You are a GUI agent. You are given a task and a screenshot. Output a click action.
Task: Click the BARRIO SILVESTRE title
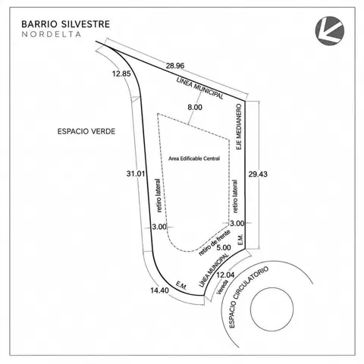[x=65, y=24]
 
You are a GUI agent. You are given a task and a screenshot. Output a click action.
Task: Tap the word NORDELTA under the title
[x=52, y=34]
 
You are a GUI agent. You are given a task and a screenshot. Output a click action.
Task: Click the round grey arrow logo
[x=330, y=31]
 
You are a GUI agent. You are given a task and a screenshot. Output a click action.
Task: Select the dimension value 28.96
[x=175, y=66]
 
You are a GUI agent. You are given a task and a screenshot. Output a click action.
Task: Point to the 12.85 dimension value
[x=121, y=74]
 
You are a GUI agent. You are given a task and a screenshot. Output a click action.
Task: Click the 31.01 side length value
[x=136, y=174]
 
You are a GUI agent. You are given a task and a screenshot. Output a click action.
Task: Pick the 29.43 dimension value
[x=258, y=174]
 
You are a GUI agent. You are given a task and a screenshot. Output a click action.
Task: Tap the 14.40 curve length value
[x=159, y=290]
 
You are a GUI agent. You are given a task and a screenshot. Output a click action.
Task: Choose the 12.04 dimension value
[x=225, y=275]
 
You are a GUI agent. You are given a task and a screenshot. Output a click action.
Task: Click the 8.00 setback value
[x=195, y=107]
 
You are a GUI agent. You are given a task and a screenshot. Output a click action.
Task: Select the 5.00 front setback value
[x=224, y=247]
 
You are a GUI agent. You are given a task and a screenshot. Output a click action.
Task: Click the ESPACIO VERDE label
[x=86, y=131]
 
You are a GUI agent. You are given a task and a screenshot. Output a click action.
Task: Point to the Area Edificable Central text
[x=194, y=158]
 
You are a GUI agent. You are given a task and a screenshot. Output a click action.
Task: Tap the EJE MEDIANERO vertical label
[x=239, y=127]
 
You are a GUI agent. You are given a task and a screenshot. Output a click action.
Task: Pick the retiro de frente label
[x=215, y=243]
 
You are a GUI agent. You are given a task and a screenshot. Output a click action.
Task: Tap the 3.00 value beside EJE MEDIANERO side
[x=237, y=223]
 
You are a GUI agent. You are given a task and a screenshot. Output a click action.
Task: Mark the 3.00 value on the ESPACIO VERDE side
[x=159, y=227]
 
